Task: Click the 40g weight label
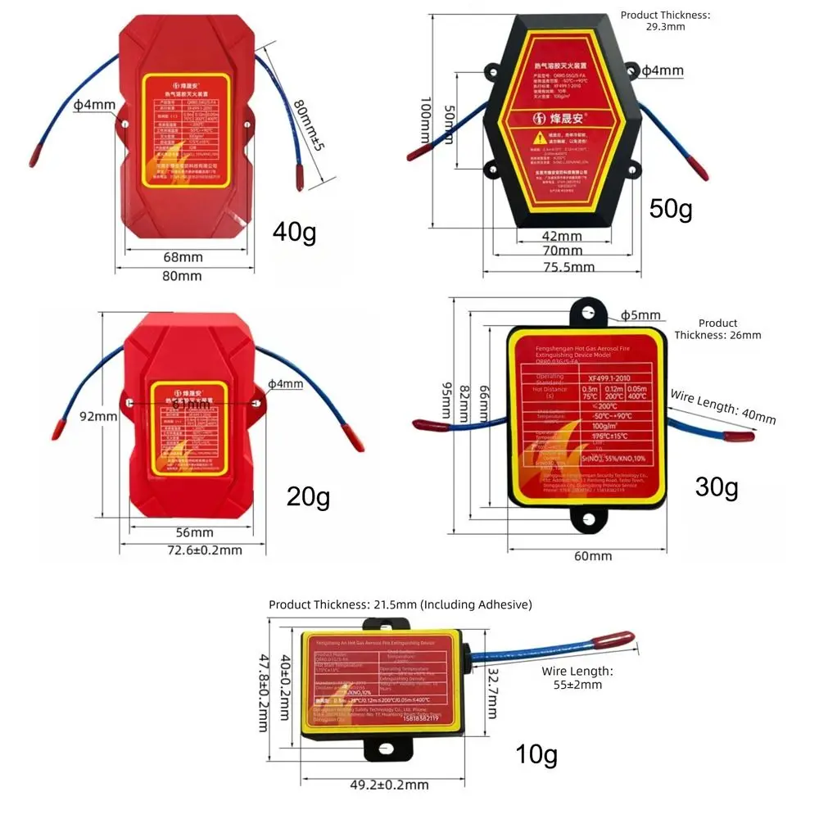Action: coord(294,233)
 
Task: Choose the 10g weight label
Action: coord(536,753)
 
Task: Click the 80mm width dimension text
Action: coord(181,276)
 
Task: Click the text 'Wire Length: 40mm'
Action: coord(722,406)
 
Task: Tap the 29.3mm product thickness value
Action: coord(665,27)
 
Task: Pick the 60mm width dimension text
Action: coord(592,556)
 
